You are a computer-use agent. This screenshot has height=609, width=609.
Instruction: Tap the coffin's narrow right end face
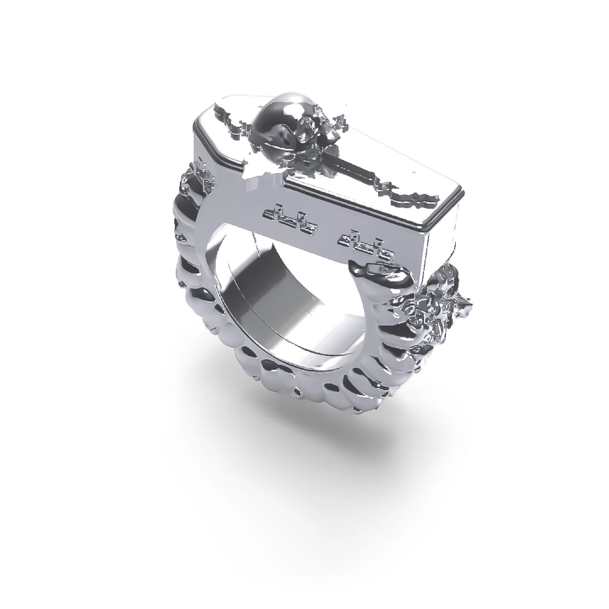pyautogui.click(x=443, y=237)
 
